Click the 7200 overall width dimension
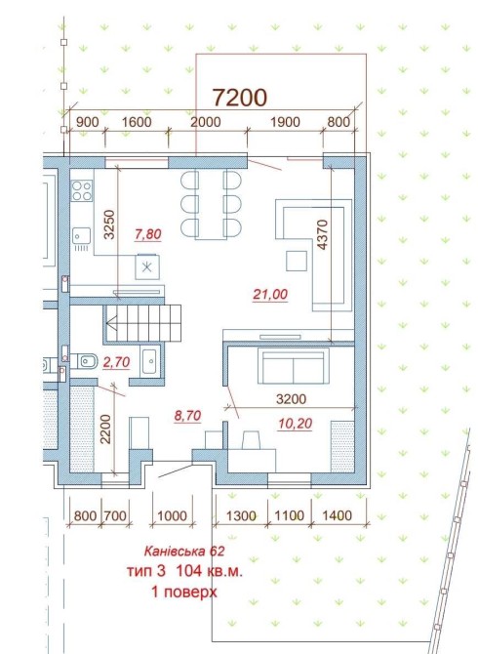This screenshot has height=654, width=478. (x=240, y=98)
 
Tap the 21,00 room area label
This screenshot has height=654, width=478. (x=270, y=295)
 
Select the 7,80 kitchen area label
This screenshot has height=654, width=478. (x=148, y=234)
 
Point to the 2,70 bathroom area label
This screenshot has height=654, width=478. (x=116, y=362)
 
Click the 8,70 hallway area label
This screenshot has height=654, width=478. (x=187, y=416)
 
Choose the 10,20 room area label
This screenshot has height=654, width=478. (x=295, y=424)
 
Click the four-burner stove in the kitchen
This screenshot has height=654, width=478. (x=82, y=190)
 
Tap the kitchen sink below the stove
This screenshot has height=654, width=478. (x=82, y=236)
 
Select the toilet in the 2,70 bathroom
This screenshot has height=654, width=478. (x=85, y=361)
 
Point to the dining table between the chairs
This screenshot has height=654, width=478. (x=211, y=204)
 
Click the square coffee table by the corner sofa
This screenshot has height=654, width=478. (x=297, y=261)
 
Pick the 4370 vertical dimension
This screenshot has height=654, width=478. (x=323, y=234)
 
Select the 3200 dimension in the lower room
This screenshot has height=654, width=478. (x=291, y=399)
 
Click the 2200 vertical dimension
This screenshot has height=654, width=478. (x=106, y=429)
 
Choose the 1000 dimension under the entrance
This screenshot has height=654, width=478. (x=172, y=516)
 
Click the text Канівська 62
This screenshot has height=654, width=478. (x=184, y=552)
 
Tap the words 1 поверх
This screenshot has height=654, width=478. (x=183, y=592)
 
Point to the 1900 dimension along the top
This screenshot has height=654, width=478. (x=285, y=122)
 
